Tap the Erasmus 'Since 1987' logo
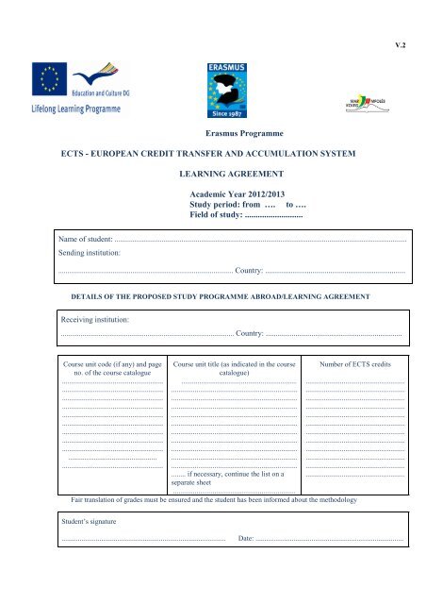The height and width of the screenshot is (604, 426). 226,93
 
